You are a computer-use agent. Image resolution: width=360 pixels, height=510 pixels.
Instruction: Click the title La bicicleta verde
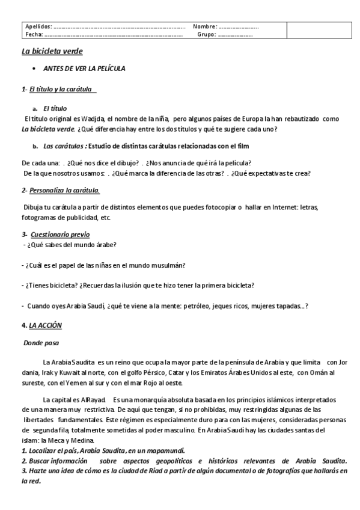click(x=52, y=52)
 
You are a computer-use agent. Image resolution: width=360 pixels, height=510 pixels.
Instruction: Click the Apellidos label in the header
click(x=38, y=27)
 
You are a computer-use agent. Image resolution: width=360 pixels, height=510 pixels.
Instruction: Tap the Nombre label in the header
click(x=204, y=27)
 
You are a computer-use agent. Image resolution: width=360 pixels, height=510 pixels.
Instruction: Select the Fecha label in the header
click(x=33, y=34)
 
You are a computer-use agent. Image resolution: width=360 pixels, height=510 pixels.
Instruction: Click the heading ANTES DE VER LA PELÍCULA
click(x=84, y=69)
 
